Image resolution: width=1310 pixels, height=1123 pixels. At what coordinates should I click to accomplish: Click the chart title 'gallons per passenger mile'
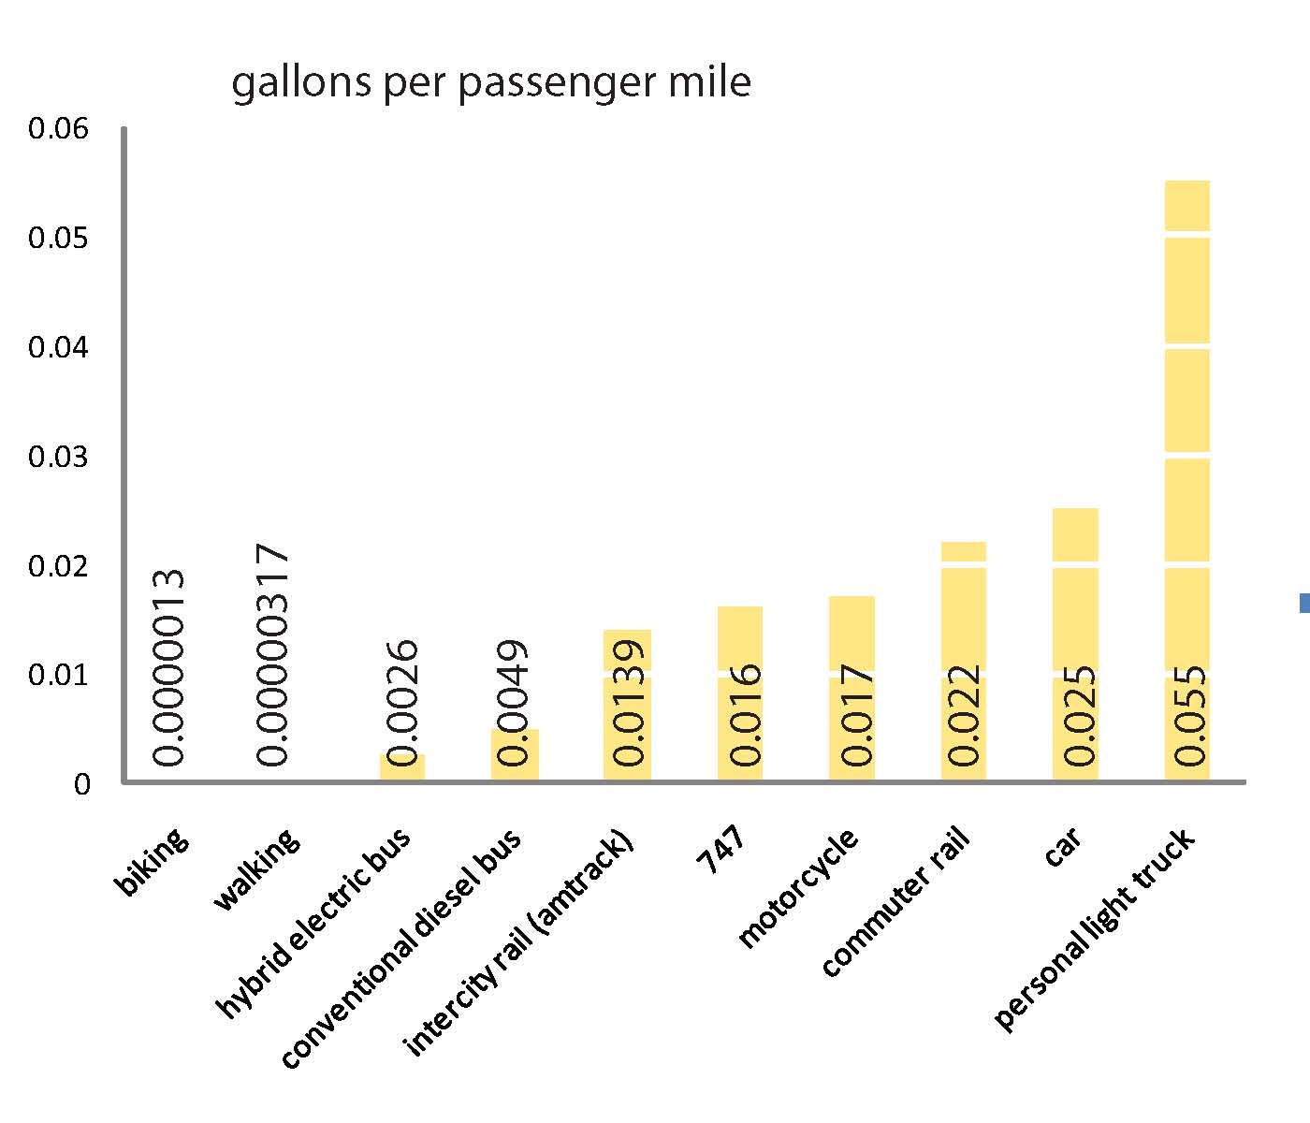pyautogui.click(x=490, y=82)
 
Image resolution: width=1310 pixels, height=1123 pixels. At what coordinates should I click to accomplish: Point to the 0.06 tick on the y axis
pyautogui.click(x=58, y=128)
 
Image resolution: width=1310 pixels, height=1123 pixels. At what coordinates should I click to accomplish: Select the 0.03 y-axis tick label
pyautogui.click(x=58, y=457)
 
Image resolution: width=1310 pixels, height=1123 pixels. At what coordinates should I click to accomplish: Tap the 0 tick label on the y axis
pyautogui.click(x=82, y=784)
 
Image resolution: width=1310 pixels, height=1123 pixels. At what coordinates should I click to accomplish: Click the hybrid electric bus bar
pyautogui.click(x=402, y=766)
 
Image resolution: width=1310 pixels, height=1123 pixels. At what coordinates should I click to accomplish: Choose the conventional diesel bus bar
pyautogui.click(x=515, y=754)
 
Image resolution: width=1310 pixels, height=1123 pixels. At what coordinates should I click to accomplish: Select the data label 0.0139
pyautogui.click(x=627, y=702)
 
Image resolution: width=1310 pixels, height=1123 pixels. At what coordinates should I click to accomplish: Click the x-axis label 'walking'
pyautogui.click(x=258, y=870)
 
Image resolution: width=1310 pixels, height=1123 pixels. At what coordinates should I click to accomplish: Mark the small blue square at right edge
pyautogui.click(x=1304, y=605)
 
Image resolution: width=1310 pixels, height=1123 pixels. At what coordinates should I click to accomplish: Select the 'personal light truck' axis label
pyautogui.click(x=1095, y=931)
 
